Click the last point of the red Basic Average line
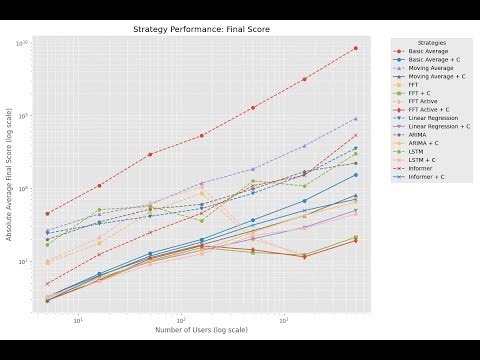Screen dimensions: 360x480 pyautogui.click(x=356, y=48)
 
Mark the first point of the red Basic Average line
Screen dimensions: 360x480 pyautogui.click(x=47, y=214)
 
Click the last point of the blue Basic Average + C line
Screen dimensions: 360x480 pyautogui.click(x=356, y=175)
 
